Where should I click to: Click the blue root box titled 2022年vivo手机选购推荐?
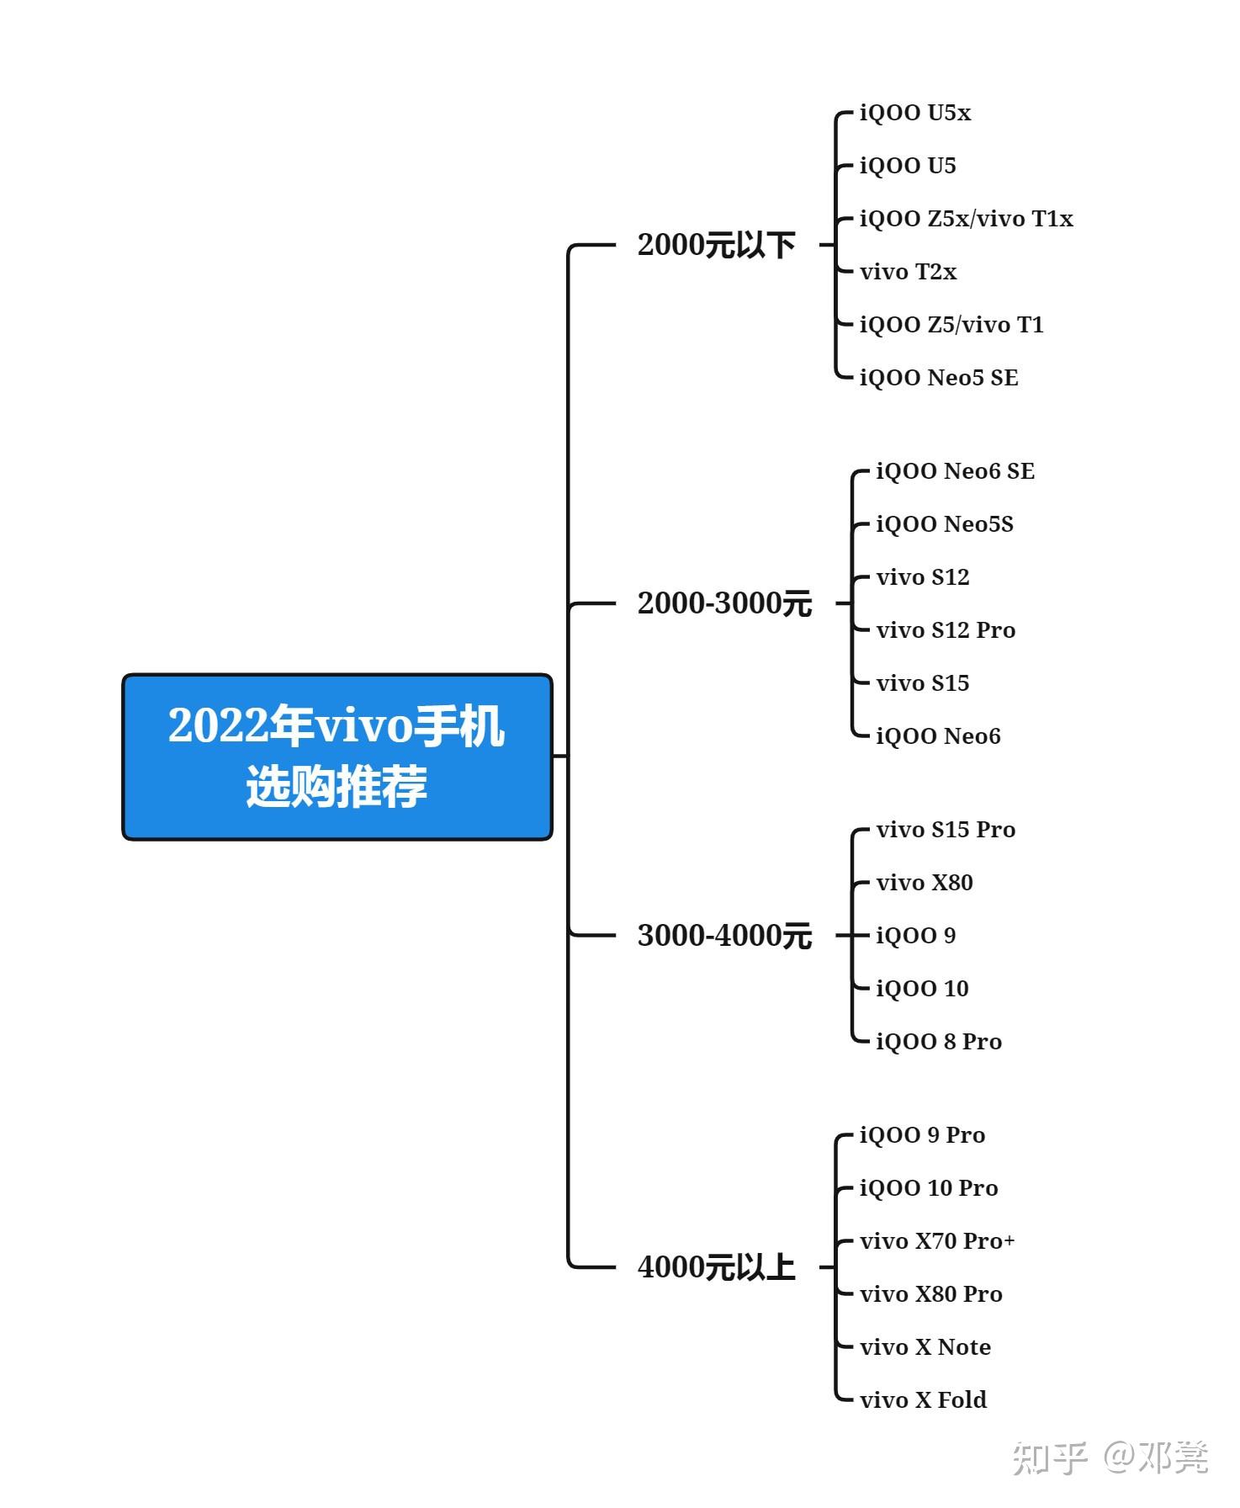pyautogui.click(x=336, y=757)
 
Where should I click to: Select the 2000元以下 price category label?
pyautogui.click(x=716, y=245)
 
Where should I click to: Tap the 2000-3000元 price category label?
pyautogui.click(x=724, y=603)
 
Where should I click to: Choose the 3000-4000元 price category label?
pyautogui.click(x=724, y=935)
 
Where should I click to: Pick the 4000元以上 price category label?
pyautogui.click(x=716, y=1266)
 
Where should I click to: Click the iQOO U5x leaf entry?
pyautogui.click(x=915, y=113)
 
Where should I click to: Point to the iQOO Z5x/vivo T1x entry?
pyautogui.click(x=967, y=219)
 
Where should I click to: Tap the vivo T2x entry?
pyautogui.click(x=909, y=272)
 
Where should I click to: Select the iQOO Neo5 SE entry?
pyautogui.click(x=939, y=378)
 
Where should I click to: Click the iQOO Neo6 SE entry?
pyautogui.click(x=956, y=471)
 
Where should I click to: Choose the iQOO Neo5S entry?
pyautogui.click(x=945, y=524)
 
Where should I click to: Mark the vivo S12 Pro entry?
pyautogui.click(x=946, y=630)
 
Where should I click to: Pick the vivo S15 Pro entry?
pyautogui.click(x=946, y=830)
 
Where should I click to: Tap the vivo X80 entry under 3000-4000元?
pyautogui.click(x=925, y=883)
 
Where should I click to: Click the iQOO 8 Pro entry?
pyautogui.click(x=939, y=1042)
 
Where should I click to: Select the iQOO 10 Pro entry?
pyautogui.click(x=929, y=1188)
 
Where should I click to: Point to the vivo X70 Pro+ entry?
pyautogui.click(x=937, y=1241)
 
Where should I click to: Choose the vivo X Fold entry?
pyautogui.click(x=923, y=1400)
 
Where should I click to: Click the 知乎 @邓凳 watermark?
pyautogui.click(x=1110, y=1458)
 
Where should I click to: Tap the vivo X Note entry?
pyautogui.click(x=925, y=1347)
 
